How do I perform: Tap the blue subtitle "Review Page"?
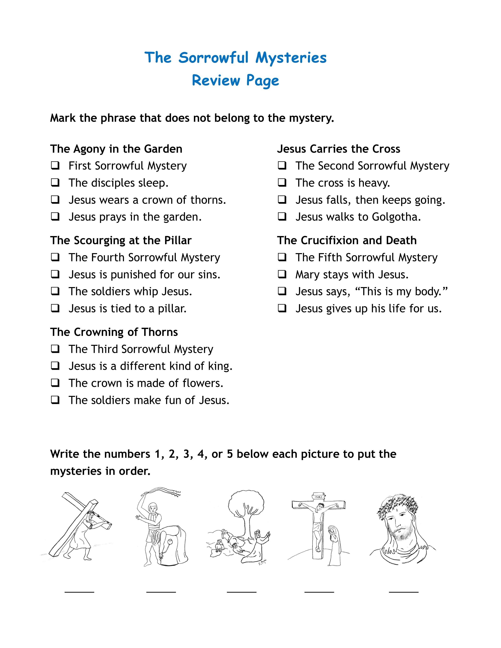point(235,80)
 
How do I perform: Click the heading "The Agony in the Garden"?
point(116,149)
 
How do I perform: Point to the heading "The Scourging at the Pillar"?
point(121,240)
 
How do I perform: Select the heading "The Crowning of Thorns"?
point(114,332)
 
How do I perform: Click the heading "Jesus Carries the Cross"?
point(338,149)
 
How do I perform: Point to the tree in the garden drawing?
point(246,508)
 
